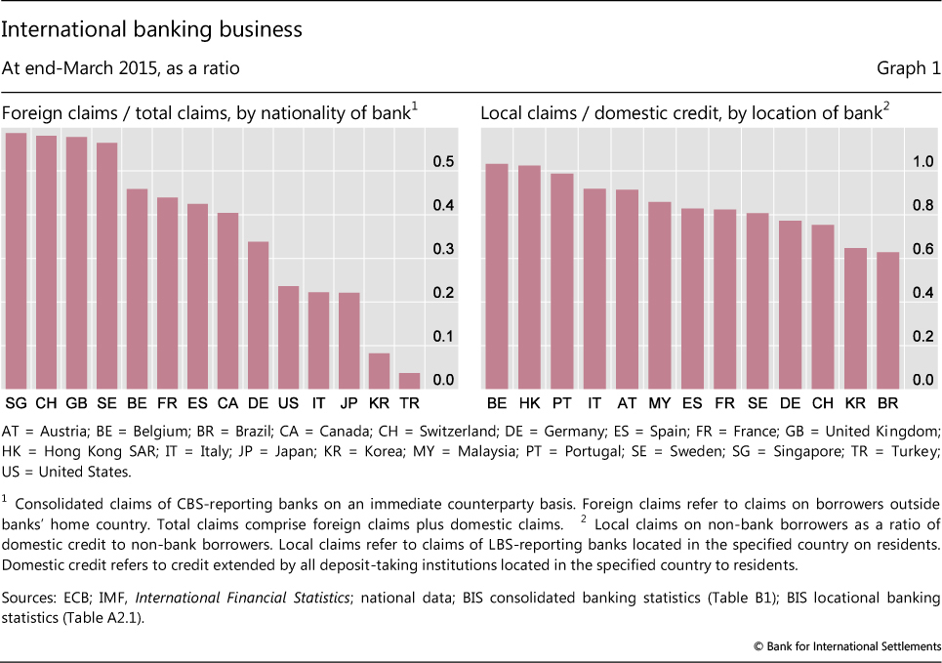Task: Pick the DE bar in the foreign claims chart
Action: (259, 315)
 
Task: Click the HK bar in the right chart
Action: (529, 277)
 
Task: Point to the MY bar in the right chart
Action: (661, 296)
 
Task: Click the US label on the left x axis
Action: (289, 403)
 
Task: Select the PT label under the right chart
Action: (562, 403)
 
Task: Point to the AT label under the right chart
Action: (628, 403)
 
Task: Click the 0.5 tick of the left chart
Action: (443, 162)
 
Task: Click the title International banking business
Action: (152, 29)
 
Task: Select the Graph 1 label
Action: (909, 68)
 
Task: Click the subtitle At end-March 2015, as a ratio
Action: (121, 68)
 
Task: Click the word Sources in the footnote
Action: (26, 597)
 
